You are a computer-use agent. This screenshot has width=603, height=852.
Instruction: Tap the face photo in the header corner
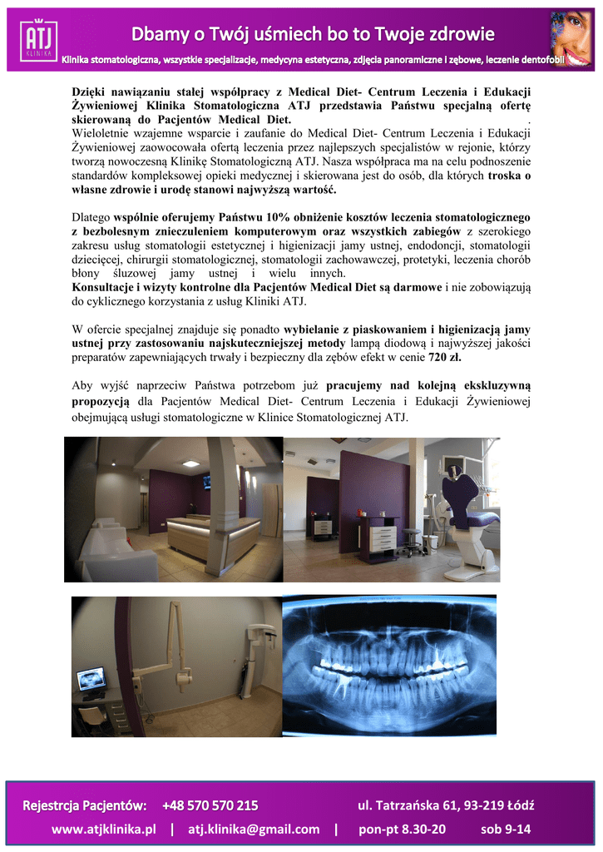pyautogui.click(x=571, y=38)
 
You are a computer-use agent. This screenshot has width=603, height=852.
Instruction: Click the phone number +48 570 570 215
pyautogui.click(x=210, y=805)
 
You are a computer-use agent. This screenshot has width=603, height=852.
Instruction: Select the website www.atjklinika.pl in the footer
pyautogui.click(x=104, y=829)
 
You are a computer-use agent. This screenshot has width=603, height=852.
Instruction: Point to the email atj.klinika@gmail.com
pyautogui.click(x=254, y=829)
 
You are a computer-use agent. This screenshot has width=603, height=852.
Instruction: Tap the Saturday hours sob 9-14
pyautogui.click(x=506, y=829)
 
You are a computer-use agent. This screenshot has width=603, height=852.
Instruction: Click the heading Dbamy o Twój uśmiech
pyautogui.click(x=312, y=34)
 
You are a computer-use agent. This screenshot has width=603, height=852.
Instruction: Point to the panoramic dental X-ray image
pyautogui.click(x=389, y=666)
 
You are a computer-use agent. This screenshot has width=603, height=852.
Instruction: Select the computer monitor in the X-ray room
pyautogui.click(x=91, y=680)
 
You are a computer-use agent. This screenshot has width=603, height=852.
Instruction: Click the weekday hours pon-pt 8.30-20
pyautogui.click(x=402, y=829)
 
